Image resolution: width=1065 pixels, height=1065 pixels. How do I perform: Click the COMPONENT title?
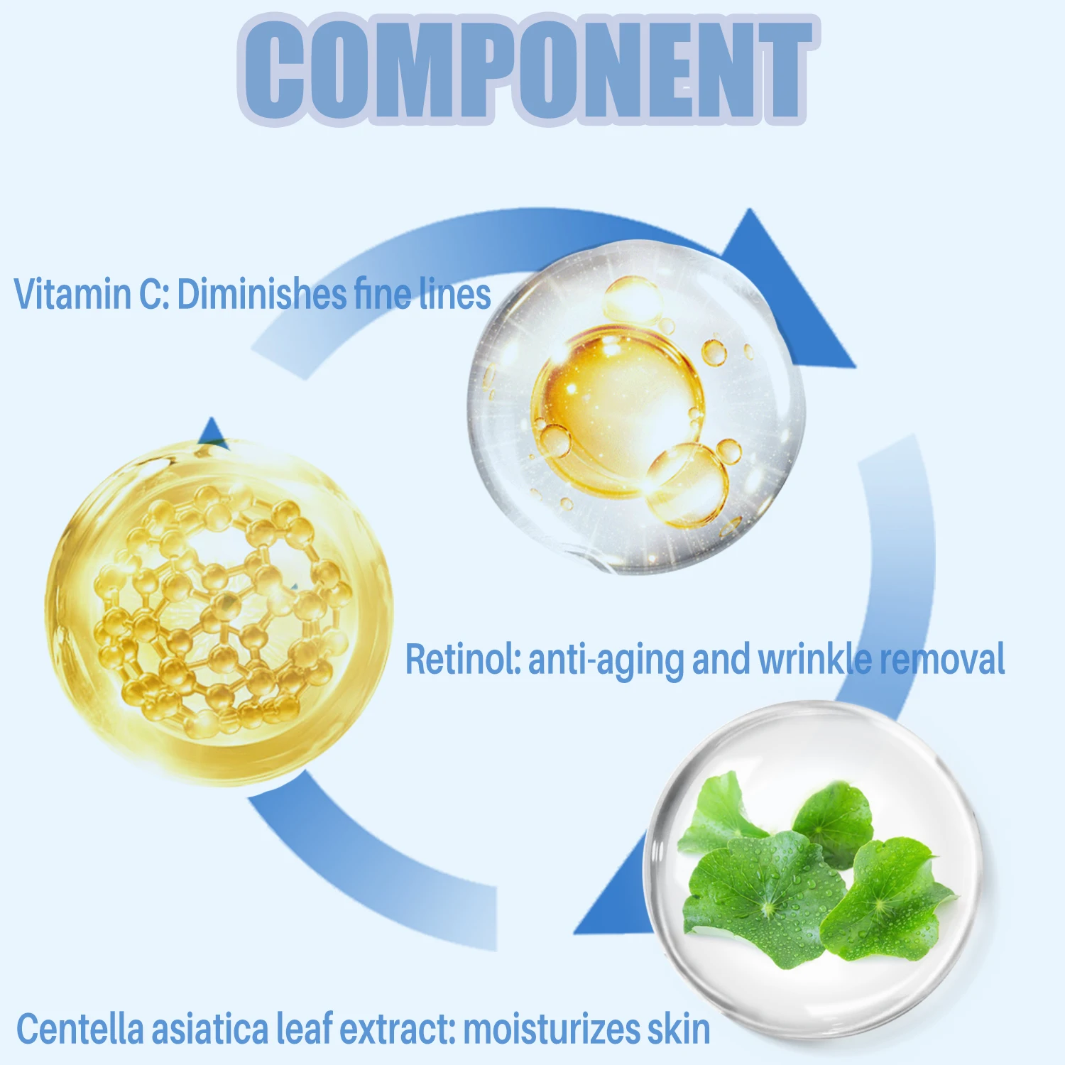pyautogui.click(x=529, y=69)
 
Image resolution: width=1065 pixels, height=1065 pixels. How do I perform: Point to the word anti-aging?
pyautogui.click(x=606, y=660)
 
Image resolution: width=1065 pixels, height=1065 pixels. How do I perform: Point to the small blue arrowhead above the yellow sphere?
pyautogui.click(x=212, y=432)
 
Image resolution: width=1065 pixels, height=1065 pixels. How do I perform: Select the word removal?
pyautogui.click(x=943, y=658)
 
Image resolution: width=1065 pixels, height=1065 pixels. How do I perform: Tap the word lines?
pyautogui.click(x=455, y=293)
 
